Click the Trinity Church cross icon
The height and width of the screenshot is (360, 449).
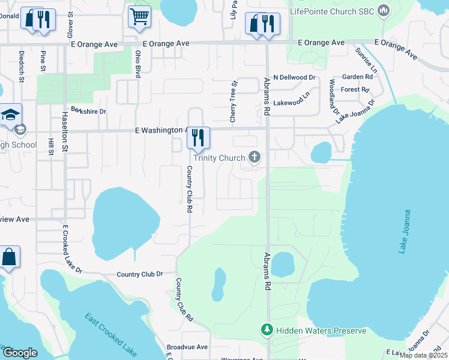pyautogui.click(x=255, y=158)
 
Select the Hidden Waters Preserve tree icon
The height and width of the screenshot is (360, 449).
pyautogui.click(x=266, y=331)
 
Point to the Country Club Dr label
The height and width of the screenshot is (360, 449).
pyautogui.click(x=140, y=274)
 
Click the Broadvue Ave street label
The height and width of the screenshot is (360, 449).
pyautogui.click(x=187, y=347)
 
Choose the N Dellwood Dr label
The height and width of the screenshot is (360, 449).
pyautogui.click(x=294, y=77)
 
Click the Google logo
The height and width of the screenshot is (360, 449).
pyautogui.click(x=20, y=353)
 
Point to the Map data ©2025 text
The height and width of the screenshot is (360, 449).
pyautogui.click(x=424, y=355)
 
